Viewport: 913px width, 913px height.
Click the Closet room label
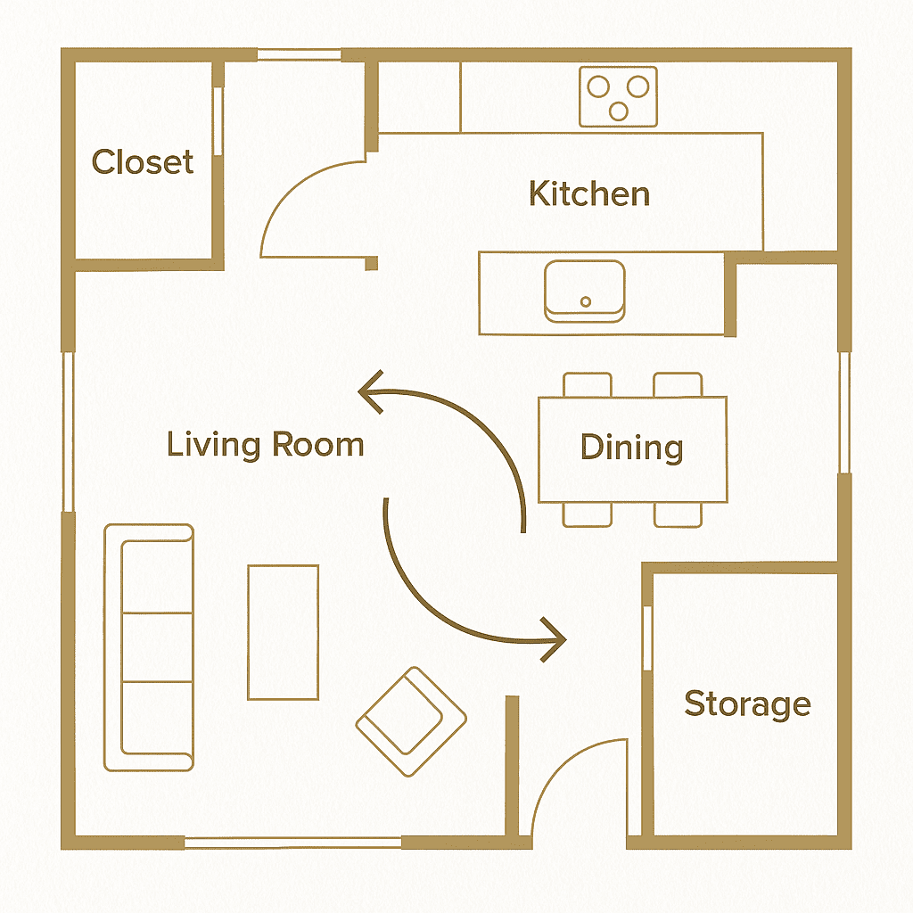point(143,162)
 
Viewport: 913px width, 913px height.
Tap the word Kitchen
point(589,193)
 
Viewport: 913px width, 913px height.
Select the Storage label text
point(748,704)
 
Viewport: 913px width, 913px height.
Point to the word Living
point(213,446)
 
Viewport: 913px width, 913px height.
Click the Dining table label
point(632,448)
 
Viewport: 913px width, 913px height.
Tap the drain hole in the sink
point(586,301)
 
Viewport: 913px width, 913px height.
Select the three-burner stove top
point(619,96)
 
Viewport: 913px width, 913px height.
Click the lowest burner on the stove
point(619,111)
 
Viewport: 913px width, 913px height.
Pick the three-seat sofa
point(149,647)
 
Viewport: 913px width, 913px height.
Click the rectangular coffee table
point(283,632)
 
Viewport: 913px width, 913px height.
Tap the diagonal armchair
point(411,722)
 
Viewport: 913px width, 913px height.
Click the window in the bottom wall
point(292,842)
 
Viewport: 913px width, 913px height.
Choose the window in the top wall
point(300,55)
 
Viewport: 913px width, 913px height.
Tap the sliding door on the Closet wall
point(218,121)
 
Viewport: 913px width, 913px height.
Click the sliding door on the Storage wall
point(647,638)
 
